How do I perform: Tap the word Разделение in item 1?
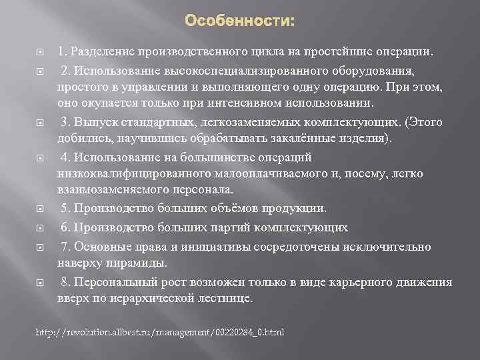[101, 51]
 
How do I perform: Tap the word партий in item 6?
[221, 227]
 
